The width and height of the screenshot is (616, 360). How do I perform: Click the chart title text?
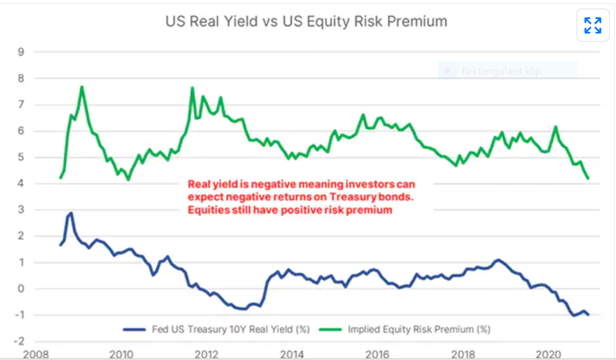[x=306, y=21]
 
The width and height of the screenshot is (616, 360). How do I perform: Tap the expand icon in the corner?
[x=593, y=25]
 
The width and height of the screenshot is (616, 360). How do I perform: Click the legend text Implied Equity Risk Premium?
[x=419, y=329]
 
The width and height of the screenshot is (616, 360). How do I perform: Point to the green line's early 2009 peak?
[x=82, y=87]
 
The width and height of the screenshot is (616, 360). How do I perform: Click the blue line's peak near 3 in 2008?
[x=70, y=214]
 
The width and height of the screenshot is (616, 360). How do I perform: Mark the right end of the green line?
[x=588, y=178]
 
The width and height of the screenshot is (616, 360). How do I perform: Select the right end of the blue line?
[x=588, y=314]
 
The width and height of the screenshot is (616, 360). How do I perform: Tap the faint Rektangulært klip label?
[x=500, y=72]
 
